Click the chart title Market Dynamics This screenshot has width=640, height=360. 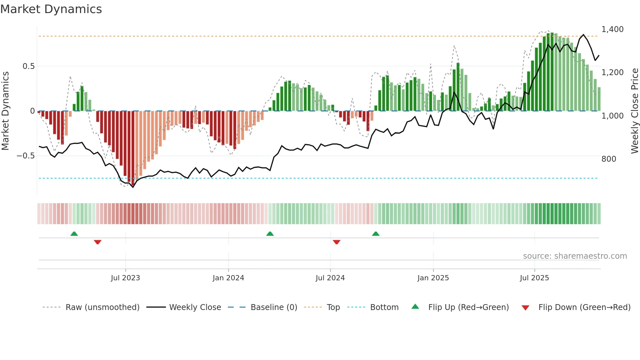point(51,9)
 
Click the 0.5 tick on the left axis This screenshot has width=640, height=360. point(28,66)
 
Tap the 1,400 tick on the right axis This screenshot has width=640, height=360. point(612,29)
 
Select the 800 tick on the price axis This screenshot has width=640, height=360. point(609,159)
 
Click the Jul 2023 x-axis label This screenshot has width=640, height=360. point(125,278)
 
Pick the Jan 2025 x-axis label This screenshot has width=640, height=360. point(433,278)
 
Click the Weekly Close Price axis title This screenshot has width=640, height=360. point(634,111)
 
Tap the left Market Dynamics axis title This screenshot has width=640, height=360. point(6,111)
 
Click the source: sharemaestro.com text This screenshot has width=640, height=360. point(575,256)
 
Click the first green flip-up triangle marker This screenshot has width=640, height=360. point(74,234)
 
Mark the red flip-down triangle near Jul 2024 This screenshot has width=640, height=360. point(337,242)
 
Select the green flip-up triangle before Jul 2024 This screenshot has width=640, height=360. point(270,234)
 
